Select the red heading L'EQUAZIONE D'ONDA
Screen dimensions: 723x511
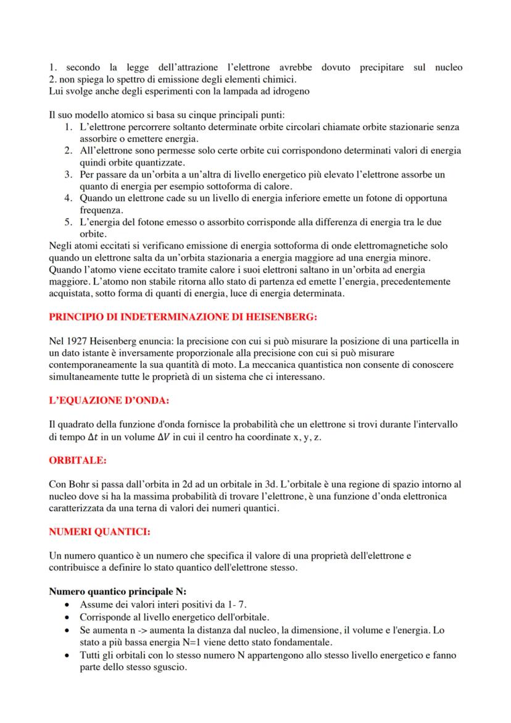(109, 401)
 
